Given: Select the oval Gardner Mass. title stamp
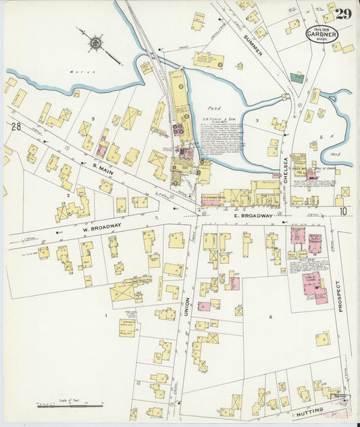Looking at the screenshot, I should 322,34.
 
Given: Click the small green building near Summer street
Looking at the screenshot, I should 297,77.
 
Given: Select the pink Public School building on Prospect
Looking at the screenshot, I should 313,285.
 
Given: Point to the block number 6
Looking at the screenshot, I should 270,317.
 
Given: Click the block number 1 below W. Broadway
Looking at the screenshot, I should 105,316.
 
